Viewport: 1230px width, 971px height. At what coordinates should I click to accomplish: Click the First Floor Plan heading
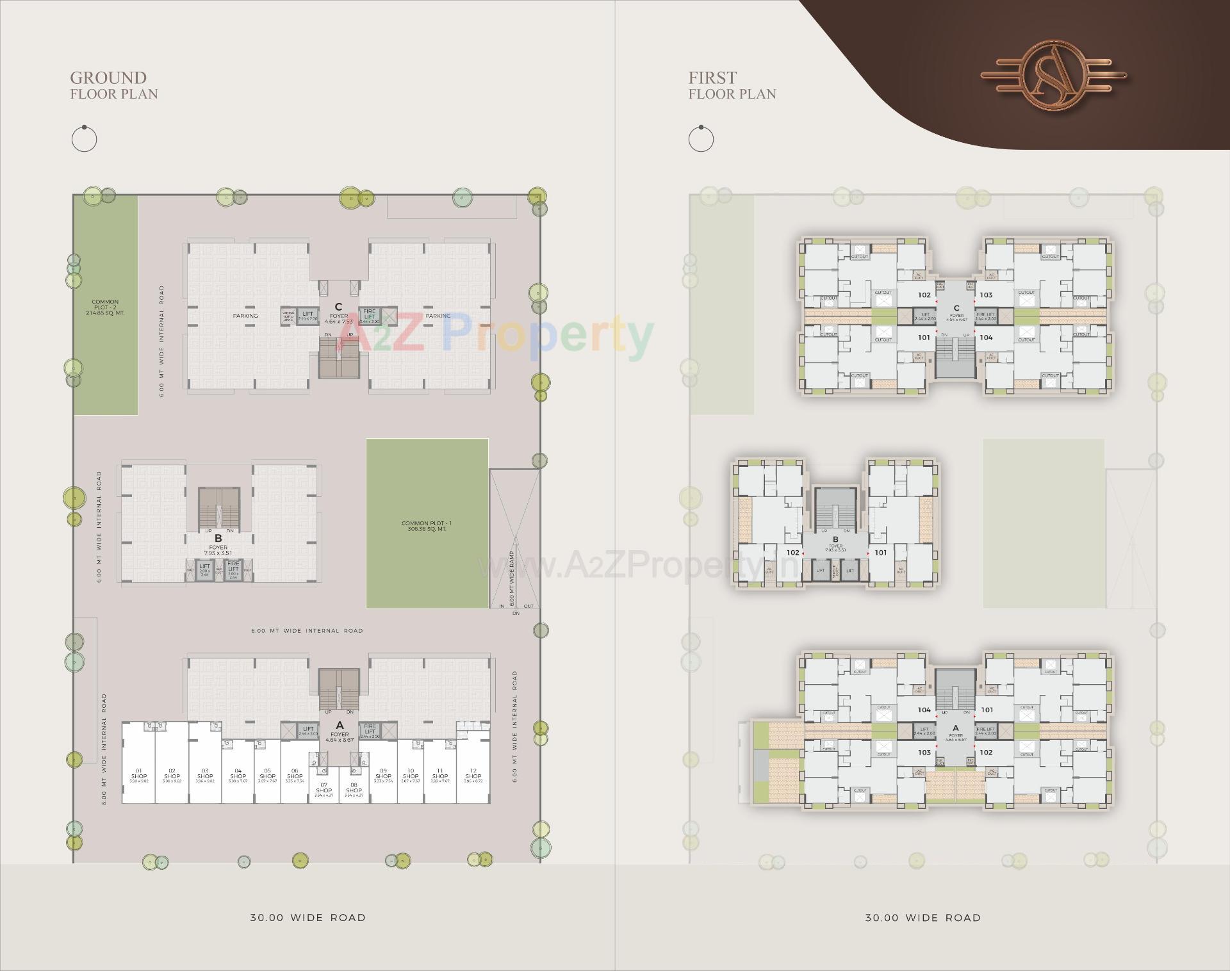pyautogui.click(x=732, y=85)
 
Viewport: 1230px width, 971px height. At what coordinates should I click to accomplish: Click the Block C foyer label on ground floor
pyautogui.click(x=338, y=314)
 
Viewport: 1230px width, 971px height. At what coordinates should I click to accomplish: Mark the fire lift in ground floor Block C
pyautogui.click(x=370, y=315)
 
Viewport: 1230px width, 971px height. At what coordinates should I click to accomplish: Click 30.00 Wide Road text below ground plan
pyautogui.click(x=307, y=917)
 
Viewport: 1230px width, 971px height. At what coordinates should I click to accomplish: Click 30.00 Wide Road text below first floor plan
pyautogui.click(x=922, y=917)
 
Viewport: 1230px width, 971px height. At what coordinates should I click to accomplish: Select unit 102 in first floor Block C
pyautogui.click(x=924, y=295)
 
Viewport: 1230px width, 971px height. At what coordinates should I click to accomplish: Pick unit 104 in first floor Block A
pyautogui.click(x=924, y=710)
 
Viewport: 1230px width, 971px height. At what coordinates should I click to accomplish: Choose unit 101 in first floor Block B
pyautogui.click(x=881, y=552)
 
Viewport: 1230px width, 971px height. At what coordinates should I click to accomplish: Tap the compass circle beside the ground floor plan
pyautogui.click(x=84, y=138)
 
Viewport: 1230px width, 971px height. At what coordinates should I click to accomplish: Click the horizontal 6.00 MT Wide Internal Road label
pyautogui.click(x=307, y=631)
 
